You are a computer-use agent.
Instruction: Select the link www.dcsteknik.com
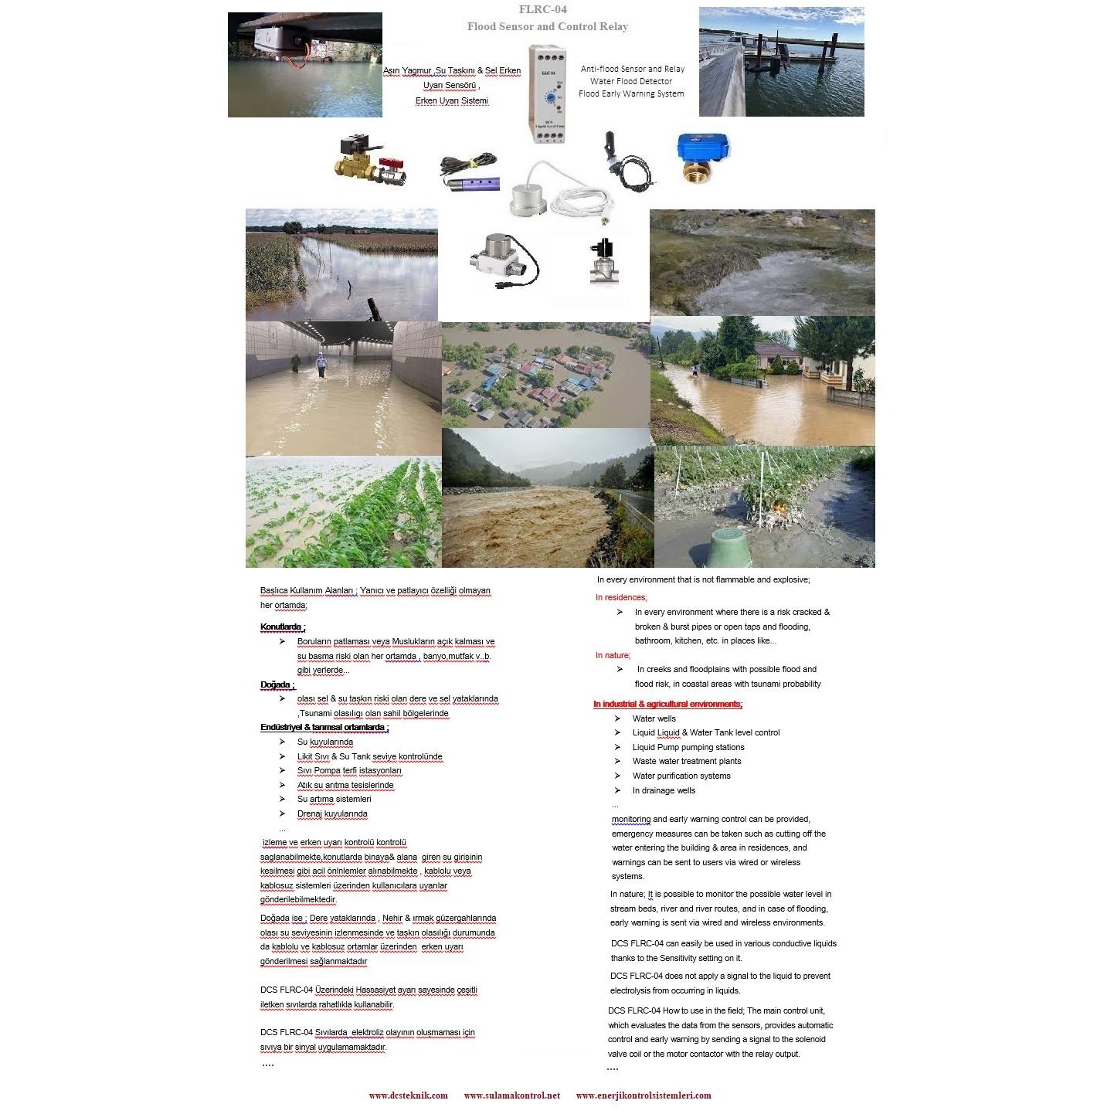pos(408,1095)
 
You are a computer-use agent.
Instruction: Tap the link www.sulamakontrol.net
pos(511,1095)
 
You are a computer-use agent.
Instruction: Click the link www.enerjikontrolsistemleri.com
pos(643,1095)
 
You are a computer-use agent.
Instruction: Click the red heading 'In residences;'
pos(621,597)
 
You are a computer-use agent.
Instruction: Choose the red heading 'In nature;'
pos(613,655)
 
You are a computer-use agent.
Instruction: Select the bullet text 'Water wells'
pos(654,718)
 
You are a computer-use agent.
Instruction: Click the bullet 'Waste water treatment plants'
pos(686,761)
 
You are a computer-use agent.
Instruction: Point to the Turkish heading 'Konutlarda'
pos(281,627)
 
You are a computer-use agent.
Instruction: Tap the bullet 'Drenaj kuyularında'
pos(332,813)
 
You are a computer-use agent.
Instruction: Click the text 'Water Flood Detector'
pos(631,81)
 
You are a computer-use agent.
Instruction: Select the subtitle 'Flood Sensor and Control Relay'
pos(547,27)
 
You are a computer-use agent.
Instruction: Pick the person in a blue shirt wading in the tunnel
pos(321,363)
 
